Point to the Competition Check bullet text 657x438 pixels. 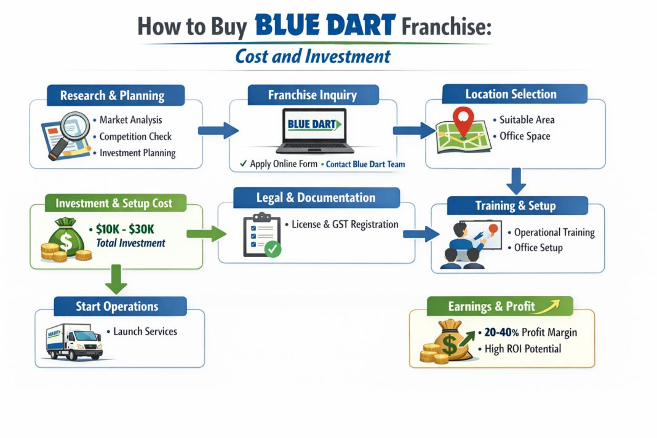(x=135, y=137)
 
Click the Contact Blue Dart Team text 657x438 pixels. (x=365, y=164)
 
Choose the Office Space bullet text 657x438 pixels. (x=525, y=136)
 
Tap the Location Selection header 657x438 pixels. (x=511, y=94)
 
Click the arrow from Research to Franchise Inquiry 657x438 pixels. (x=218, y=130)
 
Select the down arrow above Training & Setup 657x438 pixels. (x=517, y=181)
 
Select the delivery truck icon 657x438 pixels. (x=74, y=341)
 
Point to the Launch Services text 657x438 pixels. (x=145, y=332)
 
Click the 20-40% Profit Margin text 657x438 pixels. (x=530, y=333)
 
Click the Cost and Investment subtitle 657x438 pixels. (x=313, y=57)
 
